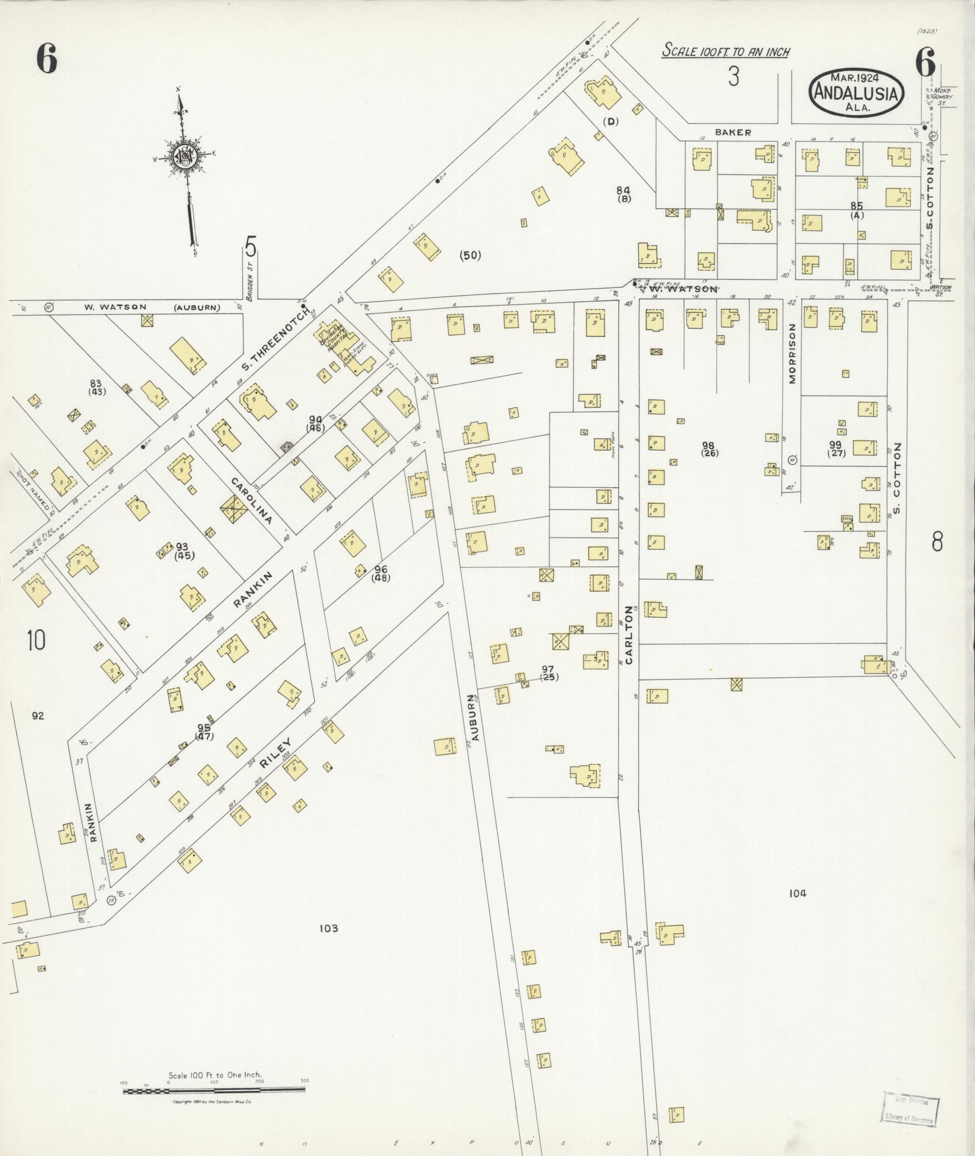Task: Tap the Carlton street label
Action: coord(628,634)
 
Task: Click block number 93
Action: coord(182,547)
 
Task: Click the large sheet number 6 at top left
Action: coord(47,59)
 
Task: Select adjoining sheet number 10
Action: coord(36,641)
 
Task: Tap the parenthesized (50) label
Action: coord(470,255)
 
